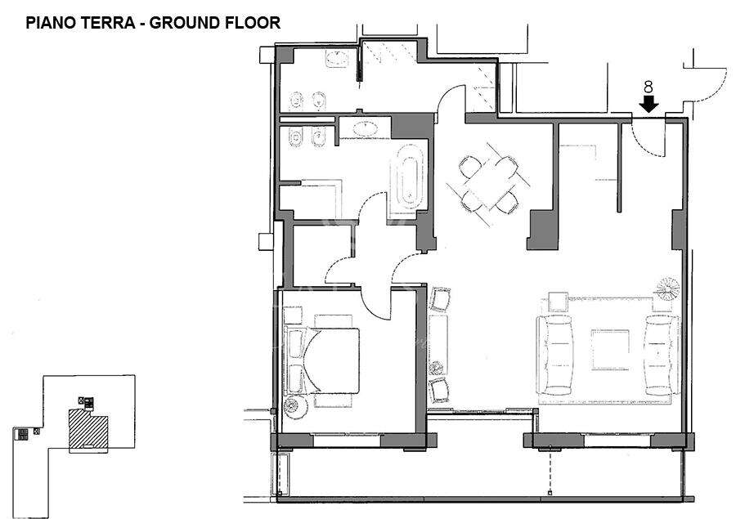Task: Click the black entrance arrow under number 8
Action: [x=648, y=104]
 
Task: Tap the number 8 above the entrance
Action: [x=648, y=87]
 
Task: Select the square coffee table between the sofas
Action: [x=610, y=350]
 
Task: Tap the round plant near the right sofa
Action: [x=667, y=289]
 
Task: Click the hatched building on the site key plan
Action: [x=88, y=428]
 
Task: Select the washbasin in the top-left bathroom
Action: [x=337, y=59]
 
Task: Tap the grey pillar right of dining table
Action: [x=543, y=230]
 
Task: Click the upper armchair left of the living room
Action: [x=440, y=299]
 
